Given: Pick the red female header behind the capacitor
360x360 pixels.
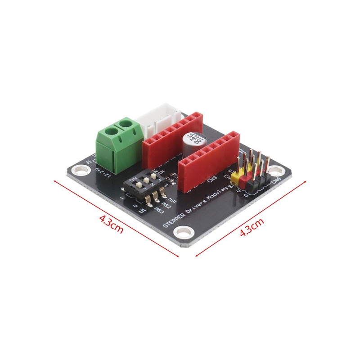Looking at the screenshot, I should [x=171, y=138].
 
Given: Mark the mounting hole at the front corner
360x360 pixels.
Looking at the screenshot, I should [x=182, y=232].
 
